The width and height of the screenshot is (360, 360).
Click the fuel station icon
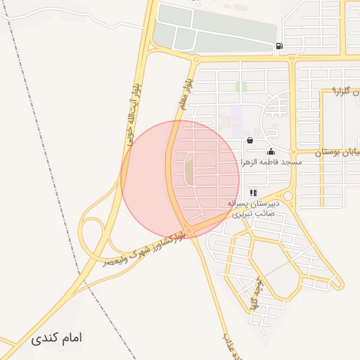(x=280, y=47)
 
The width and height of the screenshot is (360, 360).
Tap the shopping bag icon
(x=250, y=141)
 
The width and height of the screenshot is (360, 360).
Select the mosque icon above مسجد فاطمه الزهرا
(x=271, y=151)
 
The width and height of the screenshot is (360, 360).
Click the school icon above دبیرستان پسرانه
(x=253, y=193)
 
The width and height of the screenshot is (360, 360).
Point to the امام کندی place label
(x=57, y=338)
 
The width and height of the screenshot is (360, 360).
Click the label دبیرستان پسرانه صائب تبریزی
(x=253, y=207)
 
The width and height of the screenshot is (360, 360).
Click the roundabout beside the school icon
(x=287, y=196)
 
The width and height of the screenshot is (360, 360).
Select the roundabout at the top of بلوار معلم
(x=195, y=60)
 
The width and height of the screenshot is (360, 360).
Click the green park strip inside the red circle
(x=189, y=172)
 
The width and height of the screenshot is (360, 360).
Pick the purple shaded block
(x=237, y=112)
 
